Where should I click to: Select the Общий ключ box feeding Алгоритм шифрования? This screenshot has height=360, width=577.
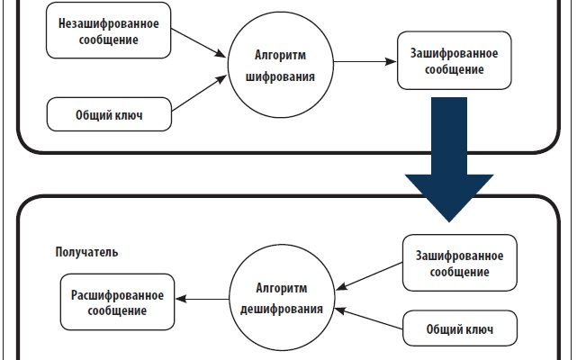[x=109, y=113]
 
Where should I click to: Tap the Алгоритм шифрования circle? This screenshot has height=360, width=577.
[x=279, y=67]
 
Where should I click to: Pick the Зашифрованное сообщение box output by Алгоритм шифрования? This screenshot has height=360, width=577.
[x=447, y=60]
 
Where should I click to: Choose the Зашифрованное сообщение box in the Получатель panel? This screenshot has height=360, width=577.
[x=459, y=262]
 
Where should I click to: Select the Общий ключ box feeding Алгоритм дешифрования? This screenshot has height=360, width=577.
[x=460, y=329]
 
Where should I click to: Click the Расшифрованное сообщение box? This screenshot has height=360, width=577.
[x=118, y=302]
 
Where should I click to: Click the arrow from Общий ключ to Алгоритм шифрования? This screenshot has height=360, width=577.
[x=197, y=95]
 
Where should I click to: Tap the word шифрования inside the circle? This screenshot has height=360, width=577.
[x=280, y=77]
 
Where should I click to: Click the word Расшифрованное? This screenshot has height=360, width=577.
[x=118, y=295]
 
